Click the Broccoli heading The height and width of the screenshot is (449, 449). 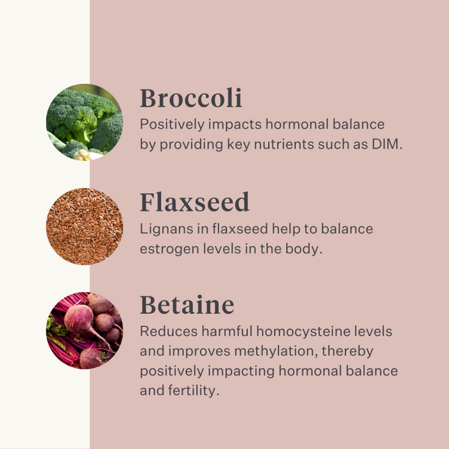191,98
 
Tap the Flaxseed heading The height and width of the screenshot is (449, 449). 194,202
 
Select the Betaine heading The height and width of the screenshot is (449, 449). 187,305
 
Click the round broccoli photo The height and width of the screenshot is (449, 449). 85,123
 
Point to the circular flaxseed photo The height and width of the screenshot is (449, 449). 85,226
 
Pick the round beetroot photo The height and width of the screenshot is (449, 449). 85,330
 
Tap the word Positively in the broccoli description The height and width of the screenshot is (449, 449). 172,125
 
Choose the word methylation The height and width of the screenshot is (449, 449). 274,352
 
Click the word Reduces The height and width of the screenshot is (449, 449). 169,332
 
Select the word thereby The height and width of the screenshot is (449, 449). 348,352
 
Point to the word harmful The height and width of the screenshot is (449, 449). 227,332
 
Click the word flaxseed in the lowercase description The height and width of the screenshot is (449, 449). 240,229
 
